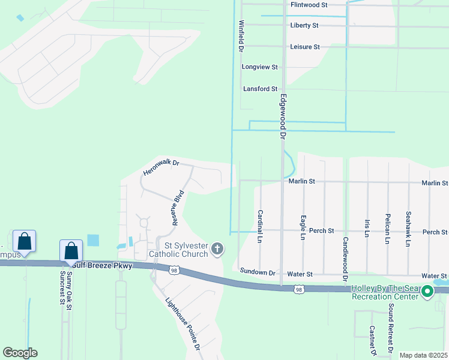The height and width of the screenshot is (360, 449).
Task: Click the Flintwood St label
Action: pyautogui.click(x=309, y=5)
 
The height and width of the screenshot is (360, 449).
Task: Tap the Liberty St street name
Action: pyautogui.click(x=304, y=26)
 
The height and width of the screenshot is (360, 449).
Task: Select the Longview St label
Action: pyautogui.click(x=260, y=67)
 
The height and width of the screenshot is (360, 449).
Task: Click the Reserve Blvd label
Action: pyautogui.click(x=176, y=208)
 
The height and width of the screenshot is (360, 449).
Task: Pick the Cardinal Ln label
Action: pyautogui.click(x=260, y=226)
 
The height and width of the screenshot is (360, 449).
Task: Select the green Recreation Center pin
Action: pyautogui.click(x=427, y=292)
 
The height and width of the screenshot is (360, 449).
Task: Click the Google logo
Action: pyautogui.click(x=20, y=353)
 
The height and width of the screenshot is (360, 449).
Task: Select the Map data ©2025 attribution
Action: pyautogui.click(x=423, y=355)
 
